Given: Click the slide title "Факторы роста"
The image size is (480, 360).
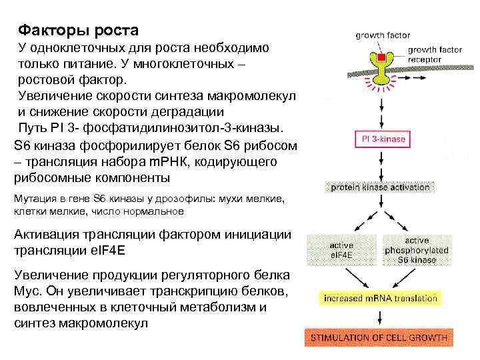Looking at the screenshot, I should (79, 31).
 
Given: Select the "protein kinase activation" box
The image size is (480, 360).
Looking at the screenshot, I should (381, 188).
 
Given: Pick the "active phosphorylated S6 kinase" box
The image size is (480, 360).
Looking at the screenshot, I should (417, 251).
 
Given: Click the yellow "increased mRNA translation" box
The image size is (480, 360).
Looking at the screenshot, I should (381, 299).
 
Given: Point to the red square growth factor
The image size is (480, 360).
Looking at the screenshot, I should (382, 59).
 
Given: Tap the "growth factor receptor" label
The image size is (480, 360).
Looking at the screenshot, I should (435, 54).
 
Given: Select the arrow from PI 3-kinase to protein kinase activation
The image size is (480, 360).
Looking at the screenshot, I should (381, 163).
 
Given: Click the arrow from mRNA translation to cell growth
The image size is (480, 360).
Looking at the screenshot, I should (381, 318).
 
